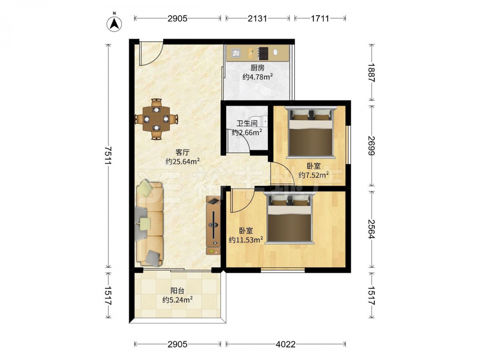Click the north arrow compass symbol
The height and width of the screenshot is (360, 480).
114,23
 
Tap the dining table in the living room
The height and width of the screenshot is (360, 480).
156,119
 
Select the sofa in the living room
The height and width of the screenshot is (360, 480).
149,224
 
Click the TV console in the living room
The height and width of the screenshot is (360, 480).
214,226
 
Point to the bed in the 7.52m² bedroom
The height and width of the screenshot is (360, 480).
311,132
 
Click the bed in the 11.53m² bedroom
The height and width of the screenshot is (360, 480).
289,217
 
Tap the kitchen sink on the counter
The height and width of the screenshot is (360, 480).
236,53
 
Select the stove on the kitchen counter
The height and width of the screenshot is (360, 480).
263,53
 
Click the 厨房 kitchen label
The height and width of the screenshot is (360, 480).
257,68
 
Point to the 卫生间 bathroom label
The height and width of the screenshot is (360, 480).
247,123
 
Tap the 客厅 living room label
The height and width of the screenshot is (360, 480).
182,152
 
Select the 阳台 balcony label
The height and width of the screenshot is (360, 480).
177,290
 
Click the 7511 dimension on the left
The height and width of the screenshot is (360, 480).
108,156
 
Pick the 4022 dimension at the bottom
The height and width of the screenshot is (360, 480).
286,344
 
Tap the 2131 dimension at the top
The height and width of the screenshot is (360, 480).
257,18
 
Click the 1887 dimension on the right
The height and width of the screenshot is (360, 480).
372,72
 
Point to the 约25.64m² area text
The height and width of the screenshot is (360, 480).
183,161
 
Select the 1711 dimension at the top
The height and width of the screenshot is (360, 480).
320,18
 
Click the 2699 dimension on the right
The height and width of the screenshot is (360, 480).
372,146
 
